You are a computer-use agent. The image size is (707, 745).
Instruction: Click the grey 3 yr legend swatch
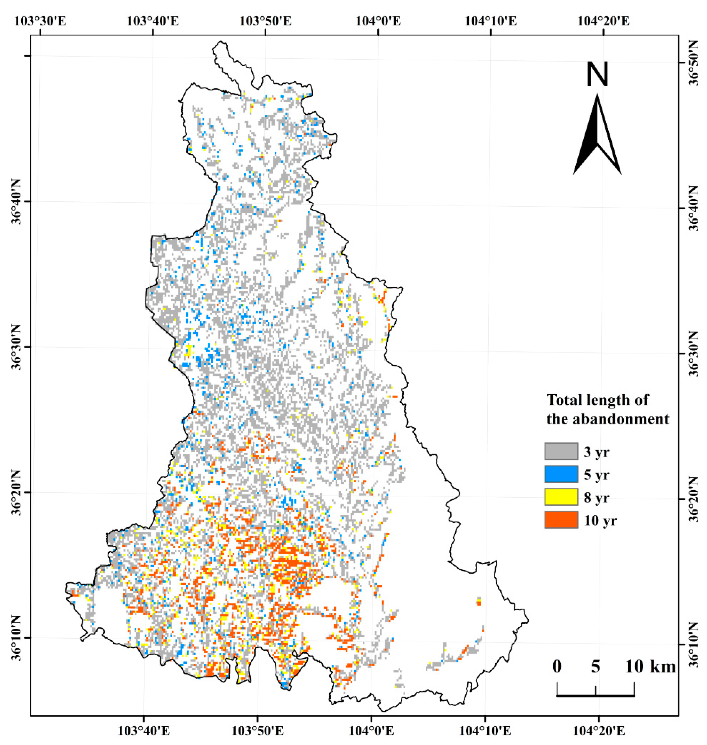click(561, 451)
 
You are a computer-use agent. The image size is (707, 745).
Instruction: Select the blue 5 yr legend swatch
click(561, 474)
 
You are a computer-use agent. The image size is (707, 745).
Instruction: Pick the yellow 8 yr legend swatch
click(561, 497)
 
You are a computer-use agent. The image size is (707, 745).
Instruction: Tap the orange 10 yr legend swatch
click(561, 520)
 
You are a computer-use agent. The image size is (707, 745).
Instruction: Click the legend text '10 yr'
click(600, 521)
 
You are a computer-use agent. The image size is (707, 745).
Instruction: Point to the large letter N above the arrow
click(597, 75)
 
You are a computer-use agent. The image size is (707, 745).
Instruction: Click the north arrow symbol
click(597, 136)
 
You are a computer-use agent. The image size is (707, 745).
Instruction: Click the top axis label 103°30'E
click(40, 21)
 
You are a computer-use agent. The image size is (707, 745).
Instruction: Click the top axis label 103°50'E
click(265, 21)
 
